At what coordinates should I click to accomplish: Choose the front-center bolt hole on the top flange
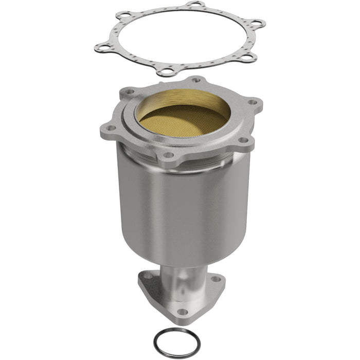coord(168,154)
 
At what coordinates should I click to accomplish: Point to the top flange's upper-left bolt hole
coord(128,94)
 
